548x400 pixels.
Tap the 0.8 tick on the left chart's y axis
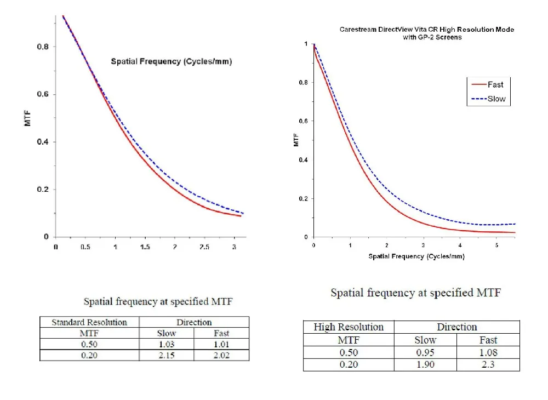[x=43, y=47]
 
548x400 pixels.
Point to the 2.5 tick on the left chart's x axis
[x=204, y=247]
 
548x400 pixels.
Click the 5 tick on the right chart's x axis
[x=496, y=245]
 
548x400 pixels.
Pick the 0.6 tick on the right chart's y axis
[x=302, y=121]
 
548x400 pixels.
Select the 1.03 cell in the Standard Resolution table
[x=167, y=344]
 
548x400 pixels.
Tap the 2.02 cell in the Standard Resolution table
[x=221, y=355]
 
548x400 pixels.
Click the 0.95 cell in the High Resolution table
[x=425, y=352]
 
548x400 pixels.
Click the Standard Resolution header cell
[x=89, y=322]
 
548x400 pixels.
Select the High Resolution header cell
[x=349, y=327]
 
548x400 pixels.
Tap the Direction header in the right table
[x=456, y=327]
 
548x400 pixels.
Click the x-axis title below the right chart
[x=416, y=256]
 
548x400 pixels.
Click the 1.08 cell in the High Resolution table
[x=488, y=352]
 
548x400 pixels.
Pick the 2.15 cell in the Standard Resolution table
[x=167, y=355]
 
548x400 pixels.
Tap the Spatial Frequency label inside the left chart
[x=171, y=61]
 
